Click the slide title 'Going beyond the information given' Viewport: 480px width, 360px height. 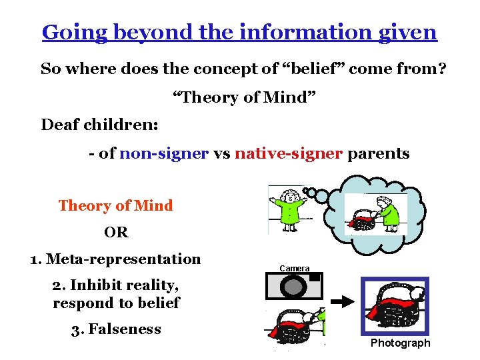(239, 32)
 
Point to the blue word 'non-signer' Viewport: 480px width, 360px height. (164, 153)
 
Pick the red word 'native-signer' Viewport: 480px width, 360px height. (288, 153)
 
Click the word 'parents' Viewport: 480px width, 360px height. (379, 153)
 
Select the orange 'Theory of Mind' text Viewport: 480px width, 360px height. (115, 205)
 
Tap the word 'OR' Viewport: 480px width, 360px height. (116, 233)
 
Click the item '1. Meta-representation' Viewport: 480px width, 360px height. (115, 259)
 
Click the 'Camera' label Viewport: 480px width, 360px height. (294, 268)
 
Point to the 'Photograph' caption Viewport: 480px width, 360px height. (400, 343)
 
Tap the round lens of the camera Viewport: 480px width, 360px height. (294, 287)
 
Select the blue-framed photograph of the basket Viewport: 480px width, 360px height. (395, 306)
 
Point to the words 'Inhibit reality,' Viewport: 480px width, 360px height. (115, 286)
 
